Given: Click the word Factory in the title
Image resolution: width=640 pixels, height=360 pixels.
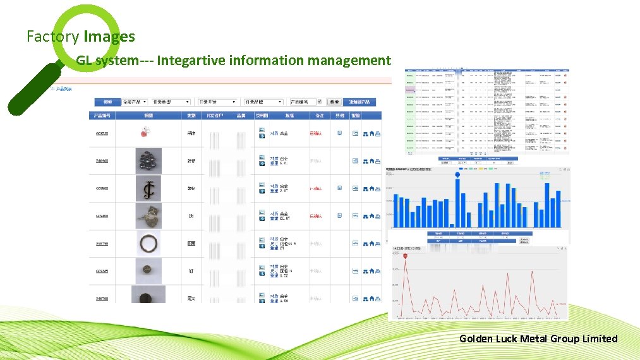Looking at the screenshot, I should coord(53,37).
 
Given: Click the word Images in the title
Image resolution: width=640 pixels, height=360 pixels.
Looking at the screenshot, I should coord(109,37).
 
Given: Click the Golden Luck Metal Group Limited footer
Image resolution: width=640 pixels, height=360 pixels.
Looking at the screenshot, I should coord(538,339).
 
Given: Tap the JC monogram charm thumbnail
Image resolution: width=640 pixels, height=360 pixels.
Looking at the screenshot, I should coord(148,188).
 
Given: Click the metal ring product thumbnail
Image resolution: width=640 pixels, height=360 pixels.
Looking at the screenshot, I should coord(148,243).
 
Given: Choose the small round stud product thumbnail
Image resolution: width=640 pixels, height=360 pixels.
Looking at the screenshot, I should coord(148,271).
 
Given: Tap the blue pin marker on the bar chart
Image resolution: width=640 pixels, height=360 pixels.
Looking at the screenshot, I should coord(458,174).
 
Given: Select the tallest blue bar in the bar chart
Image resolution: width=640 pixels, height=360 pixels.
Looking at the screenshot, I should coord(458,202).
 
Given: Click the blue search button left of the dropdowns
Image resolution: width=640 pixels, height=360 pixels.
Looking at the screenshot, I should coord(108,102).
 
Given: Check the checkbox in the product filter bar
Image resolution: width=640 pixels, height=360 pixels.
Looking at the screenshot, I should coord(320,101).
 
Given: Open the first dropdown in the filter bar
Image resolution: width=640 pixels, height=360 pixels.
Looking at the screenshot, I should coord(136,102).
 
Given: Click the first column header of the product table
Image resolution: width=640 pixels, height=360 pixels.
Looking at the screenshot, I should coord(103,116).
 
